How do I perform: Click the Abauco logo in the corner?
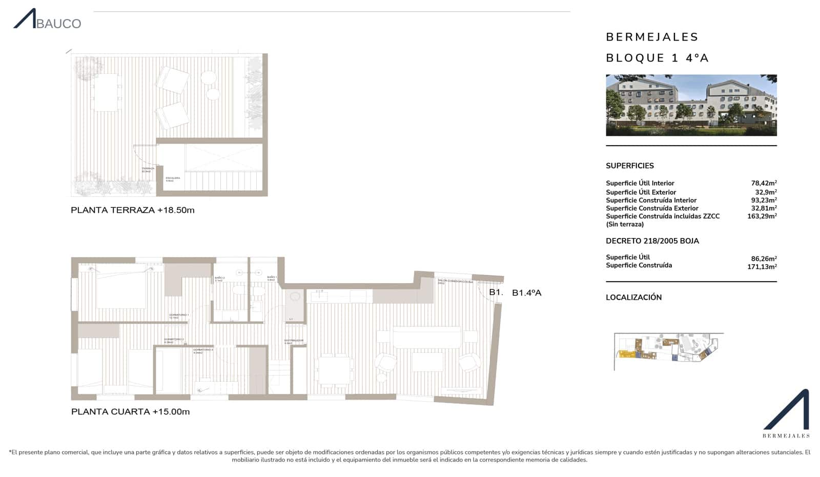click(x=47, y=19)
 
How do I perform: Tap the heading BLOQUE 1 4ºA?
click(x=657, y=58)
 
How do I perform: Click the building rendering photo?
click(x=691, y=105)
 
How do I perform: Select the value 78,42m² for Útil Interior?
click(x=764, y=183)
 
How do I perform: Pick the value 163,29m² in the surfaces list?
click(x=762, y=216)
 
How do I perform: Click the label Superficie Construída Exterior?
click(x=652, y=208)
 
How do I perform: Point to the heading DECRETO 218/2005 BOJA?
click(x=652, y=241)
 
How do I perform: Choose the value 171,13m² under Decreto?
click(x=762, y=267)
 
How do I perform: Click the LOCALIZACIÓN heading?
click(x=633, y=297)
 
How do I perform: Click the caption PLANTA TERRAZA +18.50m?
click(x=132, y=210)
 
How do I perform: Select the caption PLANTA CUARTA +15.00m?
click(x=130, y=412)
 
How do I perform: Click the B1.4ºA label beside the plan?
click(x=526, y=293)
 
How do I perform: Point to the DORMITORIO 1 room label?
click(x=179, y=315)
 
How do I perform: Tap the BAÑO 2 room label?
click(x=219, y=279)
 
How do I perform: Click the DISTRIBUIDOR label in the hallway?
click(x=294, y=341)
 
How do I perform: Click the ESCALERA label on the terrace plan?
click(x=173, y=179)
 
